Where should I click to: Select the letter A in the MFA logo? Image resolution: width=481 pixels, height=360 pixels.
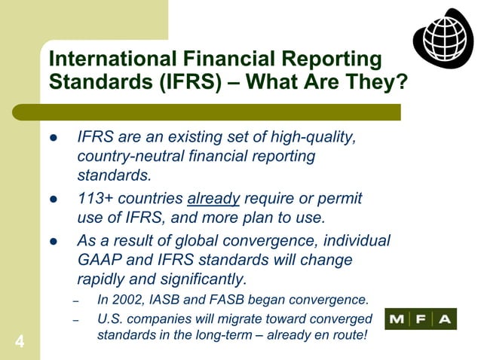click(445, 319)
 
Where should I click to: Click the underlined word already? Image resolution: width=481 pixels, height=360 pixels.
click(213, 199)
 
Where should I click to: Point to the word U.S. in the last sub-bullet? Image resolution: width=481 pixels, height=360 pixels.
click(111, 319)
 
